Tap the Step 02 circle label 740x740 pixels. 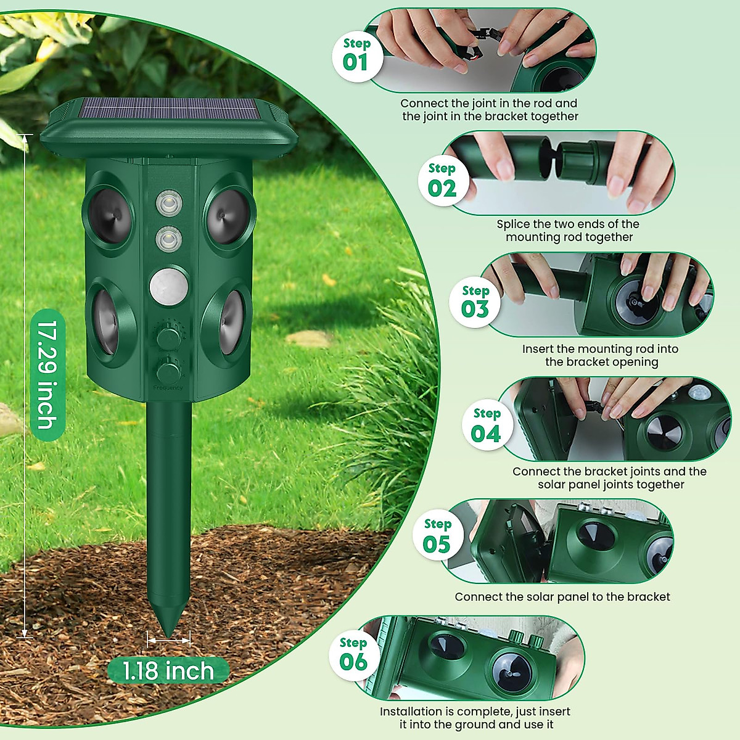[442, 181]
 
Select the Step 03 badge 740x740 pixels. [475, 303]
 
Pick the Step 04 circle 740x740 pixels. [487, 426]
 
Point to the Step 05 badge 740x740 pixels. [437, 536]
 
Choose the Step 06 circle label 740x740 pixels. [353, 655]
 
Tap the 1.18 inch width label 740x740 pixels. [168, 671]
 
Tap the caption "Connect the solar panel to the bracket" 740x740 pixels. [562, 597]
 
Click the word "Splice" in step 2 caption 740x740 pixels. [513, 224]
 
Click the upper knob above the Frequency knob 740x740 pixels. [168, 337]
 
